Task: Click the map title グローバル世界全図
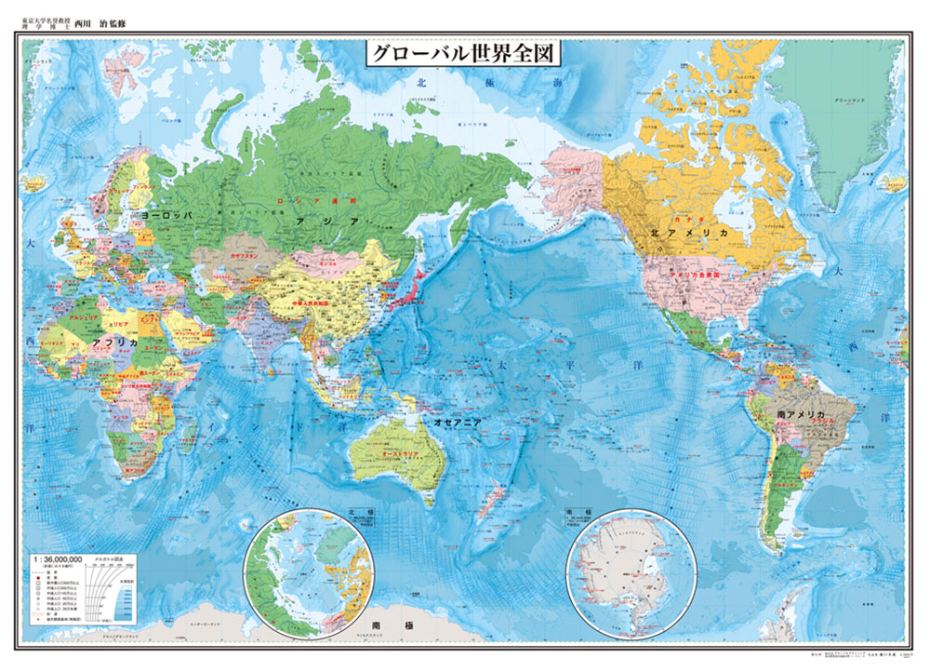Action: [x=463, y=53]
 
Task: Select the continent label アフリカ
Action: [x=115, y=343]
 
